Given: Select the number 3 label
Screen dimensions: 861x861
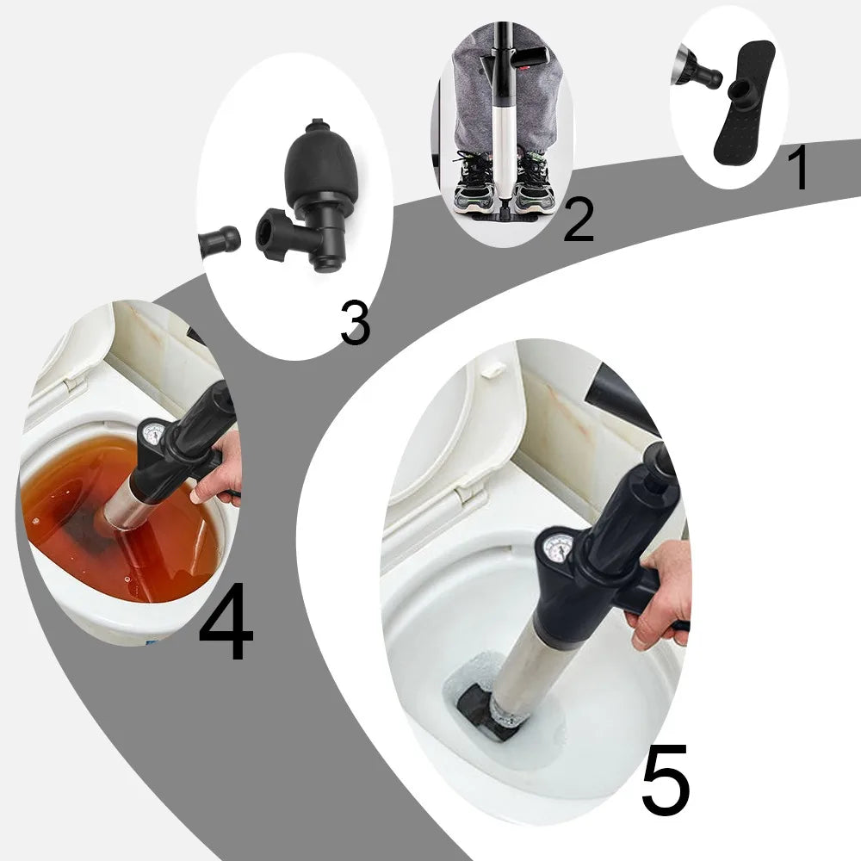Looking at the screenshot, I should pyautogui.click(x=354, y=323).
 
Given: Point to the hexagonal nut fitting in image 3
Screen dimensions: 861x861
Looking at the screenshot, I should pyautogui.click(x=277, y=234).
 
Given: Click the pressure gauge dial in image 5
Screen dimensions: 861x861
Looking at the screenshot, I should pyautogui.click(x=560, y=548).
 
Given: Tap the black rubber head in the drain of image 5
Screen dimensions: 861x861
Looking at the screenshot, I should pyautogui.click(x=478, y=710).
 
